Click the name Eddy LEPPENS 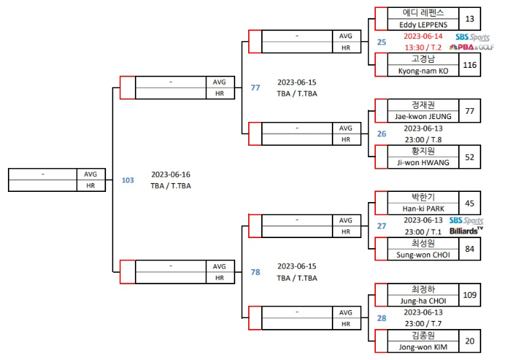click(423, 25)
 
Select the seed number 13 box click(470, 19)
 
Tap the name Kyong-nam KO click(423, 71)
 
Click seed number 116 click(470, 65)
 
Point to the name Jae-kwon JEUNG click(423, 116)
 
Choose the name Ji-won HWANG click(423, 162)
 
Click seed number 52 click(470, 157)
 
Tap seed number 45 click(470, 203)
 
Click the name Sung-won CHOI click(423, 255)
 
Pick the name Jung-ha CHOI click(423, 301)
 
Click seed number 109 click(470, 295)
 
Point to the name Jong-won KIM click(423, 347)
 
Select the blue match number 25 click(382, 42)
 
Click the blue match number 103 click(128, 180)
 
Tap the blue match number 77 click(255, 88)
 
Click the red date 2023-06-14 click(423, 36)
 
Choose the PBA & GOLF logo click(471, 48)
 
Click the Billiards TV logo click(466, 231)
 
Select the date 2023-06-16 click(171, 175)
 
